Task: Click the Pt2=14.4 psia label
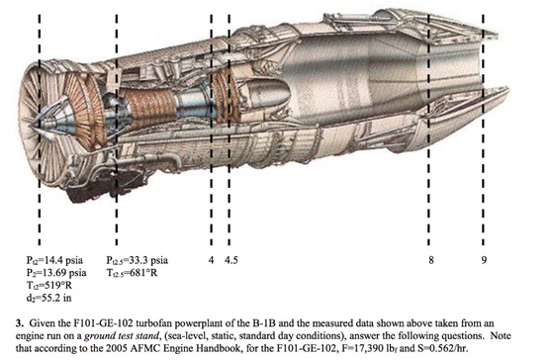54,260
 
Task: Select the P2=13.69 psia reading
56,273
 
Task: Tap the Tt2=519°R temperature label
48,286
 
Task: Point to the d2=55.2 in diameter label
48,298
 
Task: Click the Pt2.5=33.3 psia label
138,260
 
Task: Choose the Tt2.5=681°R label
132,273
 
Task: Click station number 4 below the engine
211,260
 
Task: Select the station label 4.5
231,260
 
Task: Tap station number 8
431,260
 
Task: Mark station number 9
484,260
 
